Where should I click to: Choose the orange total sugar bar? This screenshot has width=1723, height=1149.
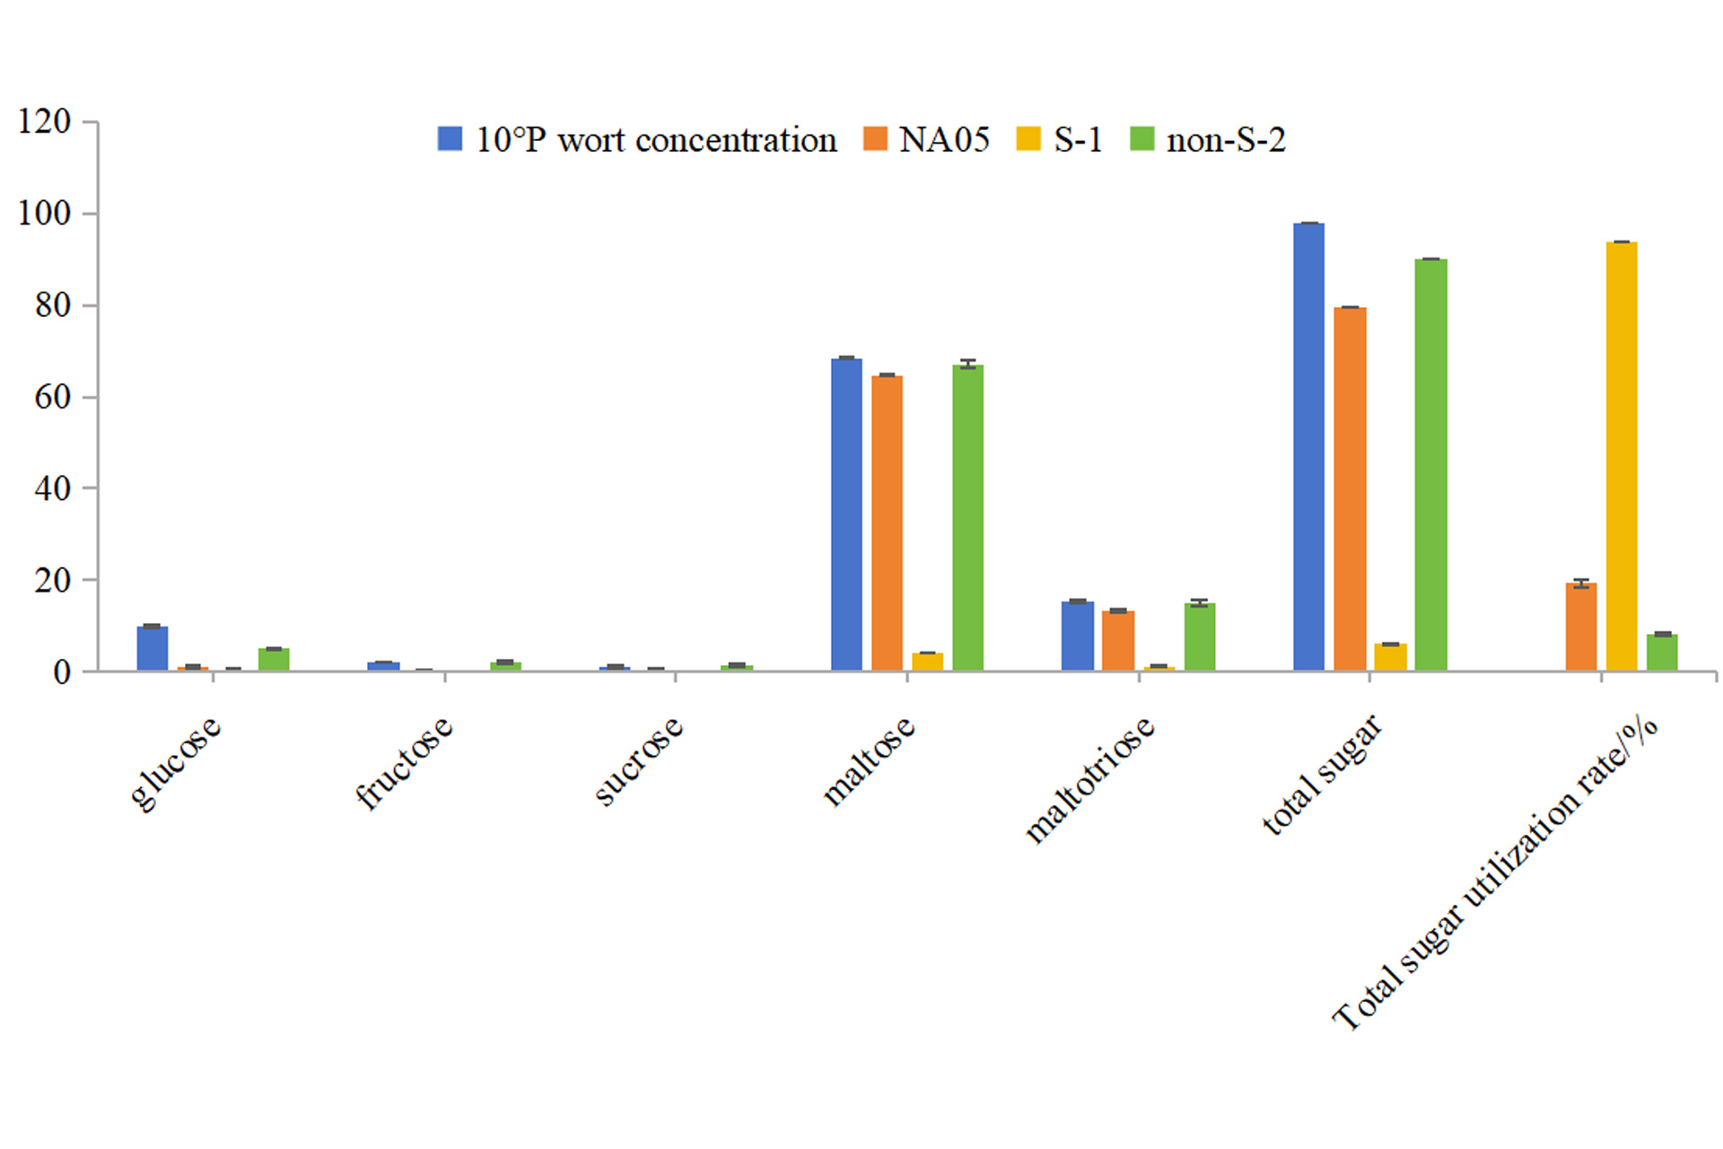[1350, 488]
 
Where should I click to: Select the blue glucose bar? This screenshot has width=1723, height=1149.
[153, 648]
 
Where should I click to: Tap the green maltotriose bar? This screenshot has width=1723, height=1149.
[1199, 636]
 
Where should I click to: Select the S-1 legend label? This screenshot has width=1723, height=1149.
[1077, 140]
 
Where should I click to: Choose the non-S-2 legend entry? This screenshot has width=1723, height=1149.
[1225, 140]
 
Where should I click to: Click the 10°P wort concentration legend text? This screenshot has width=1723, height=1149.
[655, 140]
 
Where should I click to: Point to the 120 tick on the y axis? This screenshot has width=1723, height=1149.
[44, 121]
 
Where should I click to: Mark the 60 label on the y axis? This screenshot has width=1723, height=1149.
[52, 397]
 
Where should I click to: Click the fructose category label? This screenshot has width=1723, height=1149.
[405, 762]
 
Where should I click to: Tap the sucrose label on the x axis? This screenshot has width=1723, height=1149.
[639, 760]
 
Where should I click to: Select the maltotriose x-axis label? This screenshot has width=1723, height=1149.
[1089, 778]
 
